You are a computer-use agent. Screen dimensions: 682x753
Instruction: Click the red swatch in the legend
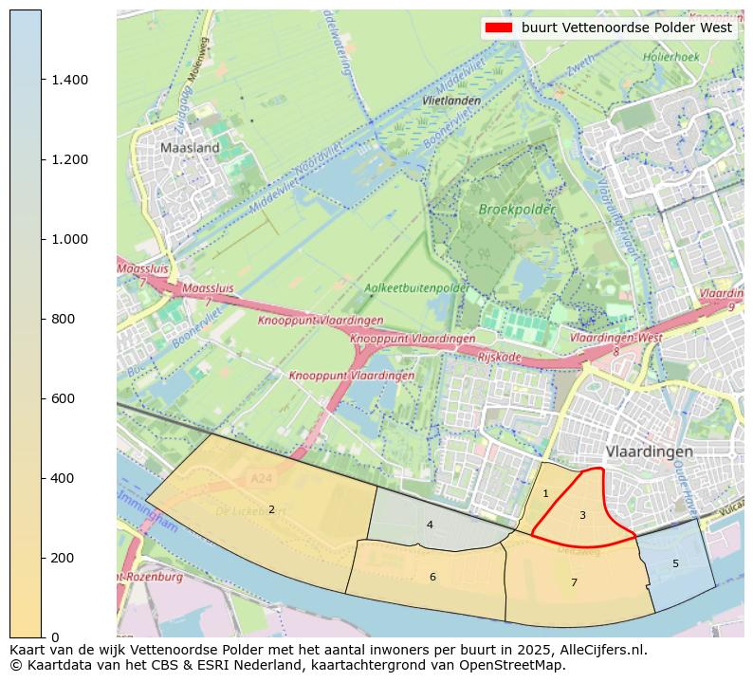pos(499,28)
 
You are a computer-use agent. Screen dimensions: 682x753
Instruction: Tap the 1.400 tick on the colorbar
pos(70,80)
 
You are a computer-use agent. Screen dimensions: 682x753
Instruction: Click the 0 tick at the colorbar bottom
pos(55,637)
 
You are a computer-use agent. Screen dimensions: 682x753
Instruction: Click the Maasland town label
pos(190,148)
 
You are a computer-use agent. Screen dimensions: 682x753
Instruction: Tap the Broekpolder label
pos(516,209)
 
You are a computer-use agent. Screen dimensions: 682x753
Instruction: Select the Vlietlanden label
pos(451,100)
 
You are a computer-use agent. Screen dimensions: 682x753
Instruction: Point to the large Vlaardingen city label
pos(649,451)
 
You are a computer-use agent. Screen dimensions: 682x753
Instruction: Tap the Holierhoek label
pos(671,57)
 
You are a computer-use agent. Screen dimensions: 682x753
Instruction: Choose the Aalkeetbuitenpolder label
pos(416,287)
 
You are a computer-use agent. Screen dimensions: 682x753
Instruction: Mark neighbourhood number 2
pos(271,509)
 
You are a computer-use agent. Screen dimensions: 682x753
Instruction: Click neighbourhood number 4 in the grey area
pos(430,525)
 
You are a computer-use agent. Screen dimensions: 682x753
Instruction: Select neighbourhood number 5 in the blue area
pos(675,563)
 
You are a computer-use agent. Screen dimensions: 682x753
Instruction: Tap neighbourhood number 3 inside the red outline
pos(582,515)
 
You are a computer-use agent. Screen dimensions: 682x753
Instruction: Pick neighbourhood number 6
pos(432,577)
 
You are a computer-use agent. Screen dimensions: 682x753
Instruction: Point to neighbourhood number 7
pos(574,582)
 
